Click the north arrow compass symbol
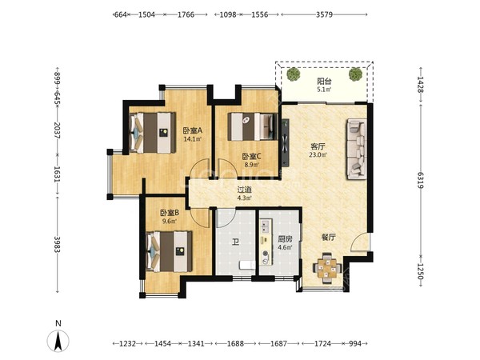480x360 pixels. [58, 341]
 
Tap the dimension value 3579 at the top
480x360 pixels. [324, 14]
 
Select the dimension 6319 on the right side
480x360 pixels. [421, 180]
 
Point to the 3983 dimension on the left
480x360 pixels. [58, 244]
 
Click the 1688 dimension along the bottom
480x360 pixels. [235, 343]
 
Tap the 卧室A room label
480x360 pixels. [193, 130]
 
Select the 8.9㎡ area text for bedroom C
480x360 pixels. [252, 165]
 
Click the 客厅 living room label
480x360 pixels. [318, 146]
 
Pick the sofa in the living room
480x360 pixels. [357, 150]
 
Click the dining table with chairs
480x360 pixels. [327, 268]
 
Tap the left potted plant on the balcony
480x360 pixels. [294, 74]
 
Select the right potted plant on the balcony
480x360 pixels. [355, 74]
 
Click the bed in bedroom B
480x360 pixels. [170, 252]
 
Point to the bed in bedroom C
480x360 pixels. [253, 126]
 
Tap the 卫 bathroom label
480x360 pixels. [235, 243]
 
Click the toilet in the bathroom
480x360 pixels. [247, 265]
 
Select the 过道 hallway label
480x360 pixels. [245, 190]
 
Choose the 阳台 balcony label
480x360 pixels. [324, 82]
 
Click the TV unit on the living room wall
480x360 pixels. [286, 142]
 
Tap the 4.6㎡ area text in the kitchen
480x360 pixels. [285, 247]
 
